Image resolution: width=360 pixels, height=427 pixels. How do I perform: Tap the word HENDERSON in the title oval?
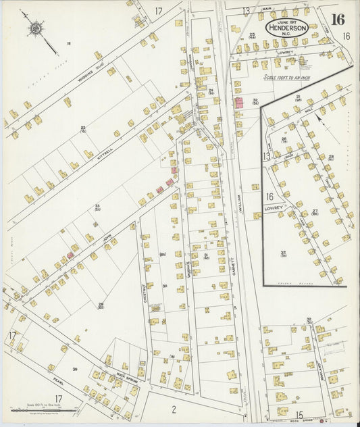tap(288, 28)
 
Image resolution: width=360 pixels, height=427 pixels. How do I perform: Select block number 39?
tap(75, 368)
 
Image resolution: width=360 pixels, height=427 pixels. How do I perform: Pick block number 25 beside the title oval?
tap(252, 34)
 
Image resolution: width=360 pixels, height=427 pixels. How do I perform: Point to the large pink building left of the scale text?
tap(239, 103)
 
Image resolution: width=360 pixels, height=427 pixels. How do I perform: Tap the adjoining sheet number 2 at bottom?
tap(173, 408)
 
